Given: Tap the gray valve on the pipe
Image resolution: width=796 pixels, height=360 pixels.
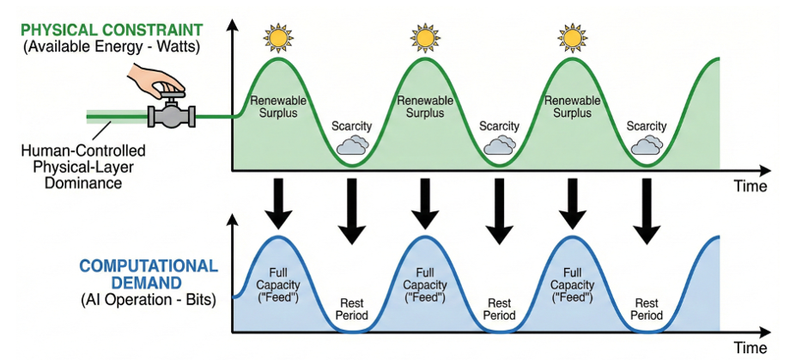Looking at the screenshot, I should click(172, 113).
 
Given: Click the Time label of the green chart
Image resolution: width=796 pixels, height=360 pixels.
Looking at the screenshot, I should click(750, 186).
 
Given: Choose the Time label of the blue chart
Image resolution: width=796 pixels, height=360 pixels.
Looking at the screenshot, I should click(749, 348).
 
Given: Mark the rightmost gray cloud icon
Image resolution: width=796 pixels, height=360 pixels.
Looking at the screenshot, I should click(646, 145).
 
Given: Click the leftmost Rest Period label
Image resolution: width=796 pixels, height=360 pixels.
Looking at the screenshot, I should click(350, 309).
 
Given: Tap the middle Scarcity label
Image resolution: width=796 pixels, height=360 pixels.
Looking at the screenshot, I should click(499, 126).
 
